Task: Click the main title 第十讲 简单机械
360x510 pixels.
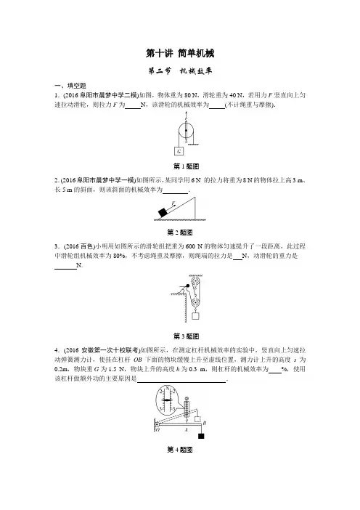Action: pos(180,53)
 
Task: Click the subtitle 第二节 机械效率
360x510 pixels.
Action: pos(180,71)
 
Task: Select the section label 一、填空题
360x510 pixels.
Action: pos(70,86)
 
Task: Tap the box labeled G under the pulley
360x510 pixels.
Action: pos(179,151)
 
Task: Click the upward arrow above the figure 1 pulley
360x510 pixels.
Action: pos(186,116)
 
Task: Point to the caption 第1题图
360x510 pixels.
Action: pos(187,166)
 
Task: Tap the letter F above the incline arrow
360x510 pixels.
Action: pos(173,203)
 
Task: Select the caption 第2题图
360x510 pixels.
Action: pos(180,232)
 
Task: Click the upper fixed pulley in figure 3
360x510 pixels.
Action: pos(196,281)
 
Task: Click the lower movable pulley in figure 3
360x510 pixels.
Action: pos(195,302)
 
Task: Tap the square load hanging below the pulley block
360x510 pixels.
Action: pos(195,315)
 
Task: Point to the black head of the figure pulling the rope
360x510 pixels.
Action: pos(188,286)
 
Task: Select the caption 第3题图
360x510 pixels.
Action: pos(187,336)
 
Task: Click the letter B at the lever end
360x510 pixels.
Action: pos(205,423)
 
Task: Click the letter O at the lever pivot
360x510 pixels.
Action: pos(158,429)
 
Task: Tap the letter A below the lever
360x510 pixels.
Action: pos(187,429)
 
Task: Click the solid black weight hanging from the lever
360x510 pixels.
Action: pos(201,436)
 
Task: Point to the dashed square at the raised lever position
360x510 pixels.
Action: pos(197,419)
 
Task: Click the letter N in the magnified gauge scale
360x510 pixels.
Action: pos(167,389)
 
